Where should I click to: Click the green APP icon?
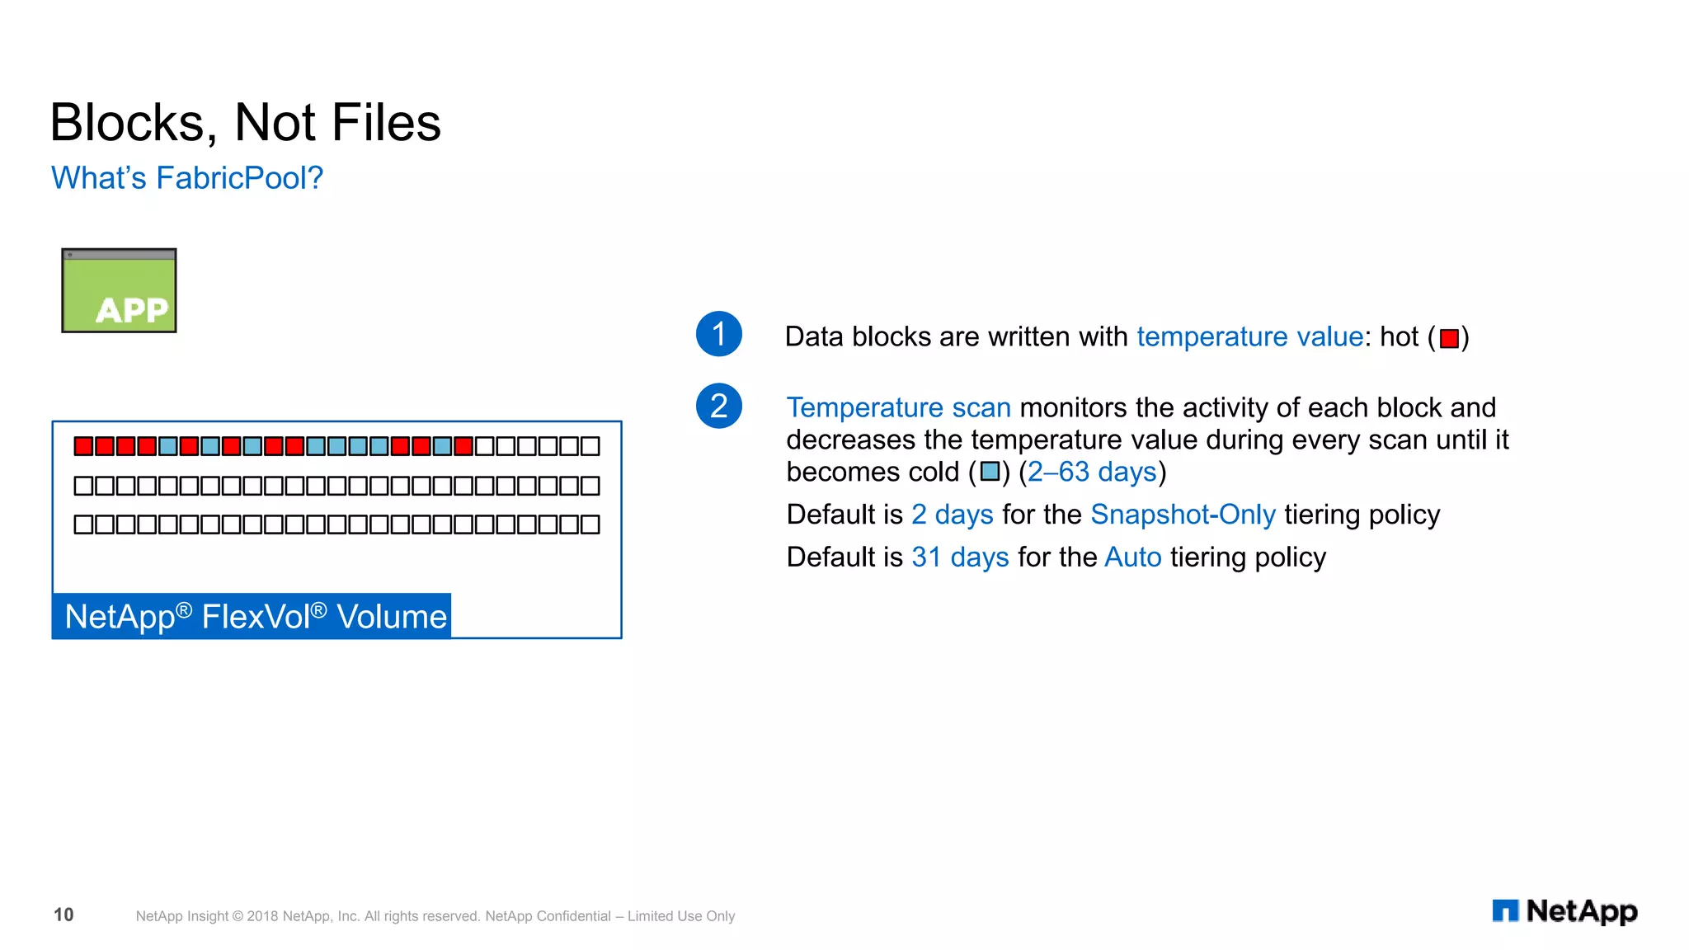click(119, 290)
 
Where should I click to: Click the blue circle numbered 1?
click(718, 334)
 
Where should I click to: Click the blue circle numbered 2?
click(718, 406)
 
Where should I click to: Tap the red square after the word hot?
click(1449, 338)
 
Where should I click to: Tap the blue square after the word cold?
click(990, 472)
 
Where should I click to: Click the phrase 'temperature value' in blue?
click(1249, 336)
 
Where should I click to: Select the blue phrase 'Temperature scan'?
click(898, 407)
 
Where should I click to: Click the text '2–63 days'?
click(1092, 472)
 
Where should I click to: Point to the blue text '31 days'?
click(960, 557)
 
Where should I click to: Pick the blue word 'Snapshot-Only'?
click(1183, 515)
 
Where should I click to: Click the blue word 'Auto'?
click(1132, 557)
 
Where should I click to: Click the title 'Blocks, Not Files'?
click(245, 123)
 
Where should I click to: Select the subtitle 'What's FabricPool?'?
click(187, 178)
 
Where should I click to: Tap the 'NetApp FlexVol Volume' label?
click(255, 617)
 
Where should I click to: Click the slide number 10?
click(64, 915)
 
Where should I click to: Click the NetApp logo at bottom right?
click(1564, 911)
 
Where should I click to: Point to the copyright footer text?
click(435, 916)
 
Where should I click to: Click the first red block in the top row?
click(83, 446)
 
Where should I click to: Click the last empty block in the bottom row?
click(590, 524)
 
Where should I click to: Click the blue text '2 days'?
click(952, 515)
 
